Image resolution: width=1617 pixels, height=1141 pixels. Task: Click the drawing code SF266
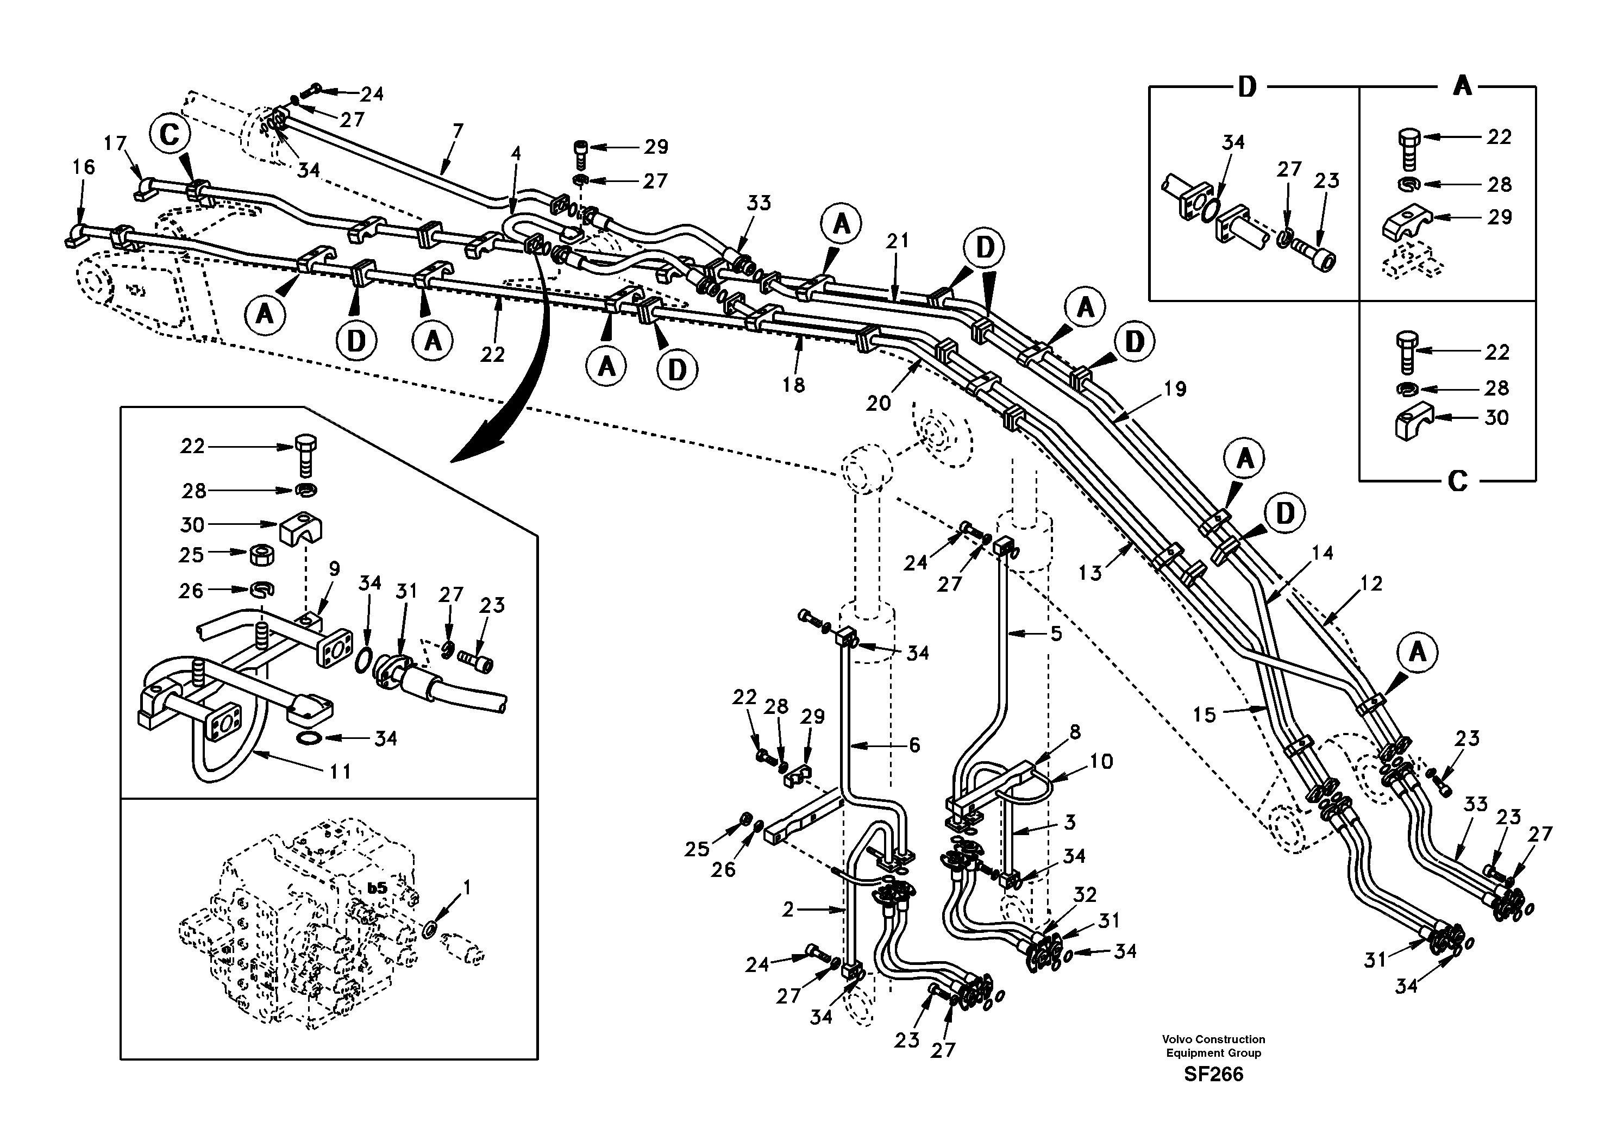coord(1213,1074)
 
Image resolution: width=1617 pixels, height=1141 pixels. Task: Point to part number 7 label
coord(458,131)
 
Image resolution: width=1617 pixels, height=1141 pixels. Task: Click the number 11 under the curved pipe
coord(340,772)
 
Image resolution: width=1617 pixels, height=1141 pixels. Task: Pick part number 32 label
coord(1085,895)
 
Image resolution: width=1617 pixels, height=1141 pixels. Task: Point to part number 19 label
coord(1175,389)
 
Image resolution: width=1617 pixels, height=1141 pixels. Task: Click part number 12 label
coord(1371,583)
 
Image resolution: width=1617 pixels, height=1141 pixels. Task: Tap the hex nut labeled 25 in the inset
coord(262,554)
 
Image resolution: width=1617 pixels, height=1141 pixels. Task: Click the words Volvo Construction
coord(1213,1039)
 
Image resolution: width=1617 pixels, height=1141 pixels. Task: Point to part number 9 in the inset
coord(334,568)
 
